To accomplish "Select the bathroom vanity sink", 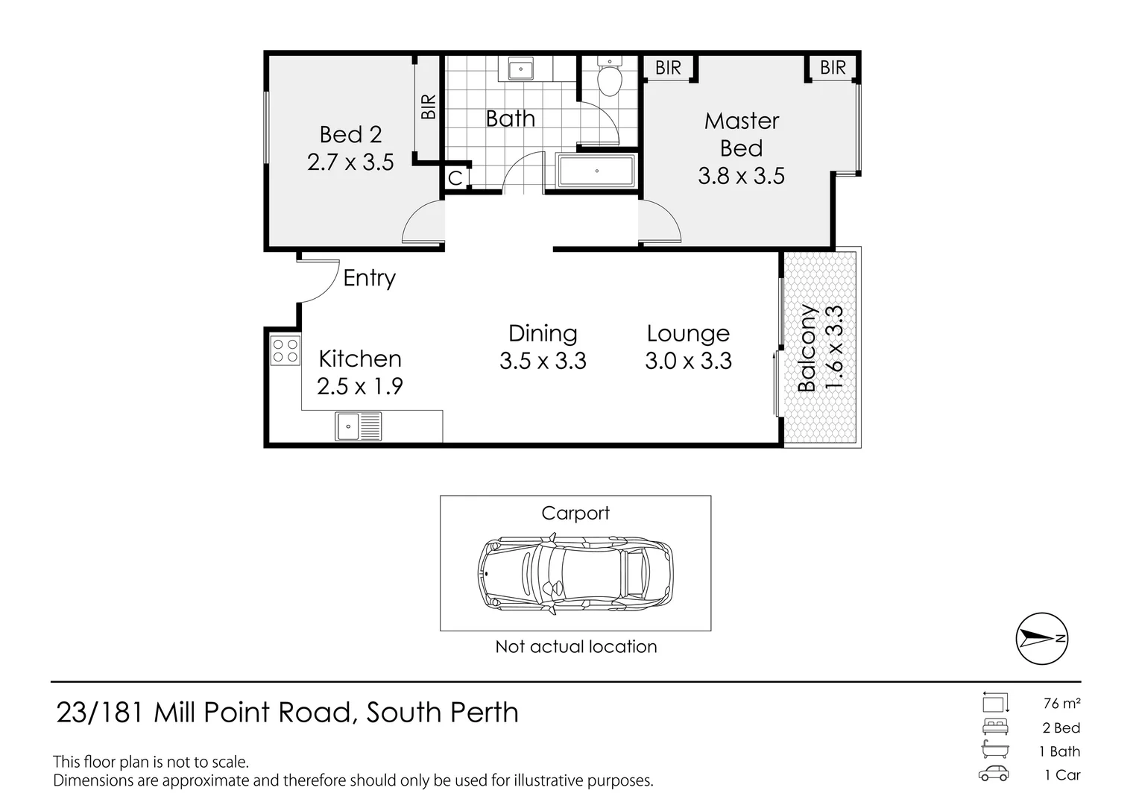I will (520, 69).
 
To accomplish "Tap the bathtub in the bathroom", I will (596, 171).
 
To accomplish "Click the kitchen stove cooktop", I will (285, 351).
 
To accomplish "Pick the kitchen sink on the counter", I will (359, 428).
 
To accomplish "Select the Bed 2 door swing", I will (423, 224).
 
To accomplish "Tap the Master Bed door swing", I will (660, 224).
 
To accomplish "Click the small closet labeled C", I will (455, 177).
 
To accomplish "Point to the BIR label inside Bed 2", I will (428, 107).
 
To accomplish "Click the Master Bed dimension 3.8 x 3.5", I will (741, 176).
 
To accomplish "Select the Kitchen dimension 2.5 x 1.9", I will (359, 386).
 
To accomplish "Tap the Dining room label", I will (543, 333).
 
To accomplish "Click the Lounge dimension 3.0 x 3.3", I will (688, 361).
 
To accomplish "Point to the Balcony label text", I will (807, 348).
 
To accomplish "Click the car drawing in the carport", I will (575, 573).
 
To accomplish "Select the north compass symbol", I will (1042, 638).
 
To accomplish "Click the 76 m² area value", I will (1061, 703).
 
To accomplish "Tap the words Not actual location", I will (575, 646).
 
